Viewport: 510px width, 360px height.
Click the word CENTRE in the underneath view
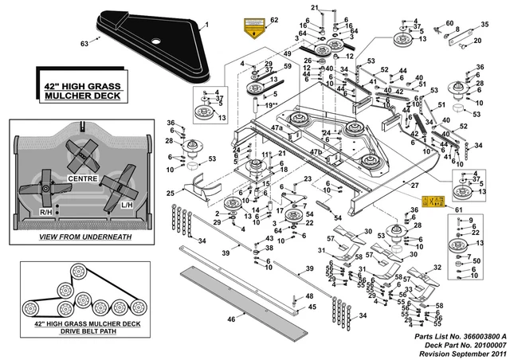click(83, 178)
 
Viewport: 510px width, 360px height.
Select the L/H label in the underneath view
click(127, 205)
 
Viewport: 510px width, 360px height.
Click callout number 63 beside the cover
click(87, 44)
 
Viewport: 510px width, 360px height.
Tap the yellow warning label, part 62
click(253, 29)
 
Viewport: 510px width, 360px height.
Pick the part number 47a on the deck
click(277, 128)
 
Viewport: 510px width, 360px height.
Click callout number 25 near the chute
click(170, 194)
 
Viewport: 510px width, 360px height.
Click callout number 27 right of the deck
click(415, 184)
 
